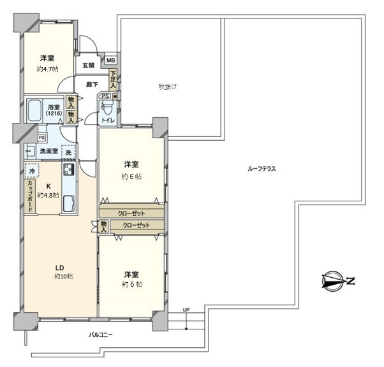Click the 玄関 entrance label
coord(88,65)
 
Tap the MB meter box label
coord(110,61)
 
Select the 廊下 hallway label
coord(88,83)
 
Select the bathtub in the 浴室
coord(39,112)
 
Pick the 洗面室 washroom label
coord(44,151)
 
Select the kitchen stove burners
coord(68,170)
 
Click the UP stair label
coord(186,310)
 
